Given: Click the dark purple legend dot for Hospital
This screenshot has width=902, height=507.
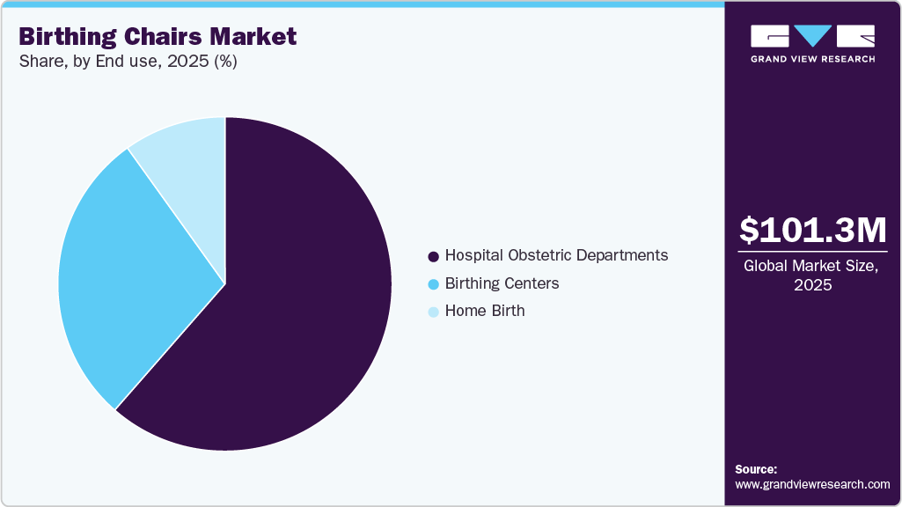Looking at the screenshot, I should click(x=433, y=256).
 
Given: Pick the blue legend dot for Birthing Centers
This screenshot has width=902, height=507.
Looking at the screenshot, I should click(x=433, y=284).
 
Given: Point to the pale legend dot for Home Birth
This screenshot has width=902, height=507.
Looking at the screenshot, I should click(x=433, y=312).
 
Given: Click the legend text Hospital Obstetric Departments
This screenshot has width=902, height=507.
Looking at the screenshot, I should click(x=556, y=255).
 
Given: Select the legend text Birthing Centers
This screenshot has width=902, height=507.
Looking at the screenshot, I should click(x=502, y=283).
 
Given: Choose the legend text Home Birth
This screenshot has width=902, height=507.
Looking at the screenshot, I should click(x=485, y=311).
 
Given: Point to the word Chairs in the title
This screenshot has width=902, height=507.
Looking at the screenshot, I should click(x=162, y=37).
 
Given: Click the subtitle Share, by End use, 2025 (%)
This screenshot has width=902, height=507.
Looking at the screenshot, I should click(x=128, y=62).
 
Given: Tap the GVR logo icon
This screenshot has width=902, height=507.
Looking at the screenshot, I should click(x=812, y=36).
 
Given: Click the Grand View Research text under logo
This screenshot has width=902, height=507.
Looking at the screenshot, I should click(x=812, y=59).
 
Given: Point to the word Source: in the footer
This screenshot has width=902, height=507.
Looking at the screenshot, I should click(x=756, y=469).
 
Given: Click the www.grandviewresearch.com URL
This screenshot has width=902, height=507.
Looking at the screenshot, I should click(x=812, y=484).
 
